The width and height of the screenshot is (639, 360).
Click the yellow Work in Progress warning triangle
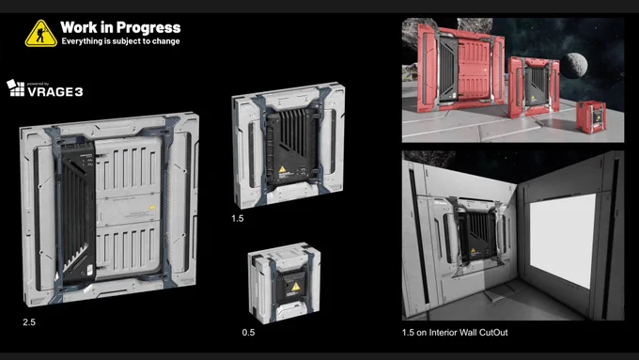click(40, 34)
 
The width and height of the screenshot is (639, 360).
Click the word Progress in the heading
click(148, 27)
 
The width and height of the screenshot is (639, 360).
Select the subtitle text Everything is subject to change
click(120, 41)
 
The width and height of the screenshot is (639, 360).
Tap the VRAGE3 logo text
click(55, 92)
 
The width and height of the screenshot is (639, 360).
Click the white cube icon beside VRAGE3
click(15, 88)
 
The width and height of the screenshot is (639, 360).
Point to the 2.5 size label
click(29, 322)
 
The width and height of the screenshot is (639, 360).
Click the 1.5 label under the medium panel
click(238, 218)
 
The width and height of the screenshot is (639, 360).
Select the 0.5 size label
click(248, 333)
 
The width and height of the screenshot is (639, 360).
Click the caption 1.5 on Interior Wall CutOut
click(455, 333)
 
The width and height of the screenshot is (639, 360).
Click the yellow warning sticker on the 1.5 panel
click(283, 169)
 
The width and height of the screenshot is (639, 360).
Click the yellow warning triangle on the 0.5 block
click(296, 287)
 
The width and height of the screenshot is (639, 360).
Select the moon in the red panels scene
click(573, 65)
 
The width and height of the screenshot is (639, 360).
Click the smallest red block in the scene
click(590, 117)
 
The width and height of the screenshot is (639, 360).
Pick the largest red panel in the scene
click(460, 68)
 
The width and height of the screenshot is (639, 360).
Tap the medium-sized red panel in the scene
click(534, 86)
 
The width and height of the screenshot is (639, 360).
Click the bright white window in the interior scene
click(562, 240)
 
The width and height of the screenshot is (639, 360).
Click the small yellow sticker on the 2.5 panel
click(152, 207)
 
